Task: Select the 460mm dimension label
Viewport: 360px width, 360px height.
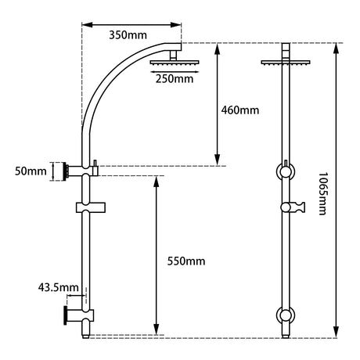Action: point(240,110)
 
